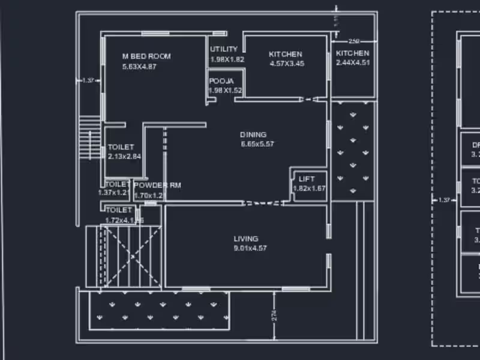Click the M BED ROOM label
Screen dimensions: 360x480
[x=146, y=56]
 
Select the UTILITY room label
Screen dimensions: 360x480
[x=224, y=49]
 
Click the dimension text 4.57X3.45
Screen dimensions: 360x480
[x=286, y=64]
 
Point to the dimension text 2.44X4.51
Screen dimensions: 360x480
[x=353, y=62]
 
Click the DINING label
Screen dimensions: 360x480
[x=253, y=134]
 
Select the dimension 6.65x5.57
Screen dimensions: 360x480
[x=257, y=144]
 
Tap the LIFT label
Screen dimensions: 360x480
[x=306, y=179]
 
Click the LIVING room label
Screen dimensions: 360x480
[x=246, y=239]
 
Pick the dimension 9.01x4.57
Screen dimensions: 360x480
[x=250, y=248]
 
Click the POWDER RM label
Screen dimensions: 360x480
[x=157, y=185]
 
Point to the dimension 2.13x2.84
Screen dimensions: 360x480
[x=125, y=156]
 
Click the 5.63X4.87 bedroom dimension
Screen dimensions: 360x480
[x=139, y=67]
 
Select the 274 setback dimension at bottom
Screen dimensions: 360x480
[x=274, y=316]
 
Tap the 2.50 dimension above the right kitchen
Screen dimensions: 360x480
[x=354, y=41]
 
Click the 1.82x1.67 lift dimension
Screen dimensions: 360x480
[x=310, y=188]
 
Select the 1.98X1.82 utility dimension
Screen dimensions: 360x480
[x=227, y=59]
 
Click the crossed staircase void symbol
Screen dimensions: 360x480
[x=131, y=256]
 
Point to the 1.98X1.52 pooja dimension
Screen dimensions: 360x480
[x=225, y=91]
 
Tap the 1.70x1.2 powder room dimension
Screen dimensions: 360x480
[x=149, y=195]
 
